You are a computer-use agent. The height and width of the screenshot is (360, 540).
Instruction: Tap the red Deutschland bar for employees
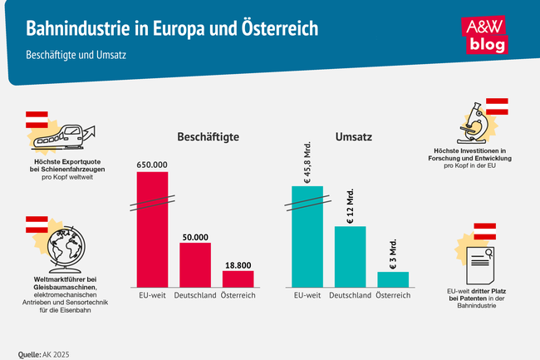click(195, 264)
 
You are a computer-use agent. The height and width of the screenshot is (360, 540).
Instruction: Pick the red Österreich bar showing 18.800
click(238, 279)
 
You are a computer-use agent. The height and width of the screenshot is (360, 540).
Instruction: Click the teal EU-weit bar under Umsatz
click(307, 237)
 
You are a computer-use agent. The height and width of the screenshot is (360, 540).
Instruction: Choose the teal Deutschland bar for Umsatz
click(350, 256)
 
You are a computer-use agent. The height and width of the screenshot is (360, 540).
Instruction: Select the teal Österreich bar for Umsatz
click(393, 279)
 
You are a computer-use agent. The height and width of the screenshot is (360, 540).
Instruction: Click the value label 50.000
click(195, 237)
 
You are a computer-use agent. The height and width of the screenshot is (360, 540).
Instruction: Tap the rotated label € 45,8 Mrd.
click(307, 160)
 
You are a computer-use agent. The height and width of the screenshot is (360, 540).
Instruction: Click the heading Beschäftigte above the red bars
click(204, 136)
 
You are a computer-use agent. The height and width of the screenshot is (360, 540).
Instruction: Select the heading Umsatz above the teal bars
click(353, 136)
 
